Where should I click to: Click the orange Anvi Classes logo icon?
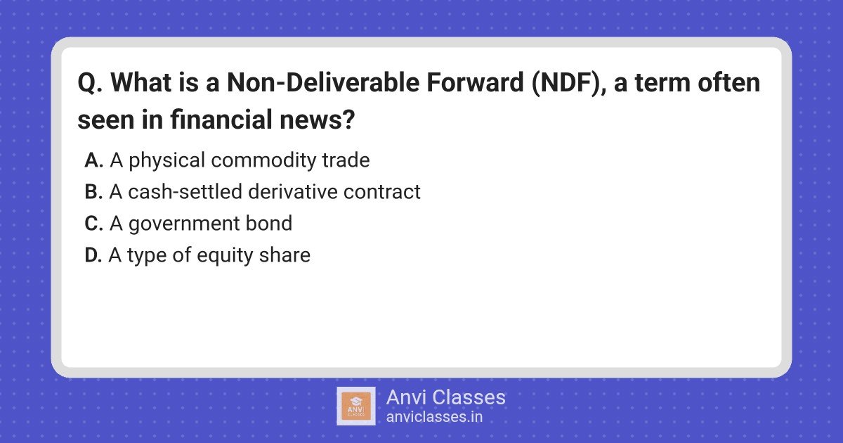pos(356,406)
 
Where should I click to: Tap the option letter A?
pos(93,160)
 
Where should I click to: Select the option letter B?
pos(93,192)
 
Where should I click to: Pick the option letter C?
pos(93,224)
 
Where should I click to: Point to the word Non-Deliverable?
pos(323,82)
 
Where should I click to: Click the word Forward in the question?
pos(475,82)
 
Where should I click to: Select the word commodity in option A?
pos(263,161)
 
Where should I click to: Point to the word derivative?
pos(293,192)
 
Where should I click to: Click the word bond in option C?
pos(268,223)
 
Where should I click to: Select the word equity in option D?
pos(225,256)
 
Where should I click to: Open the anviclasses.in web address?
pos(434,417)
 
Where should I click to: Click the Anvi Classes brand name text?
pos(445,397)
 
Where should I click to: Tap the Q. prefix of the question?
pos(90,83)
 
